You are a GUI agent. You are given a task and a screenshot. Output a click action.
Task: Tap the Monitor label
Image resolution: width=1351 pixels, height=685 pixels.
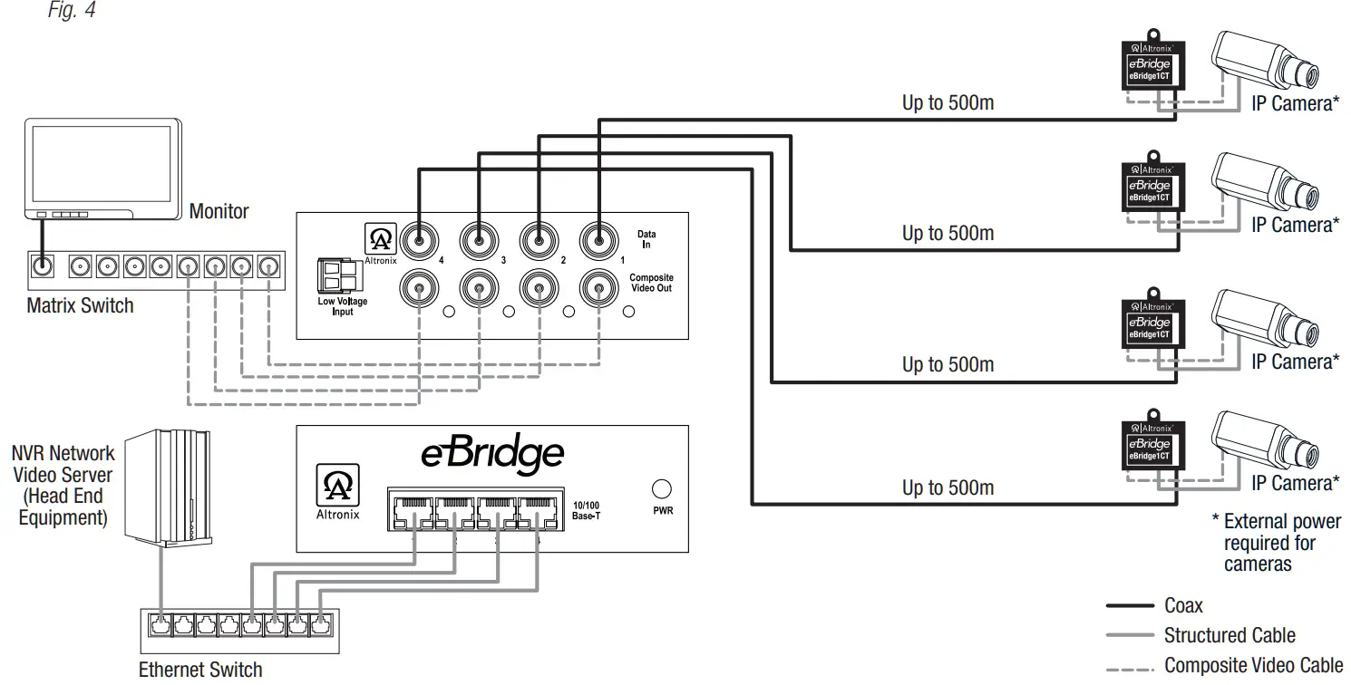pyautogui.click(x=219, y=211)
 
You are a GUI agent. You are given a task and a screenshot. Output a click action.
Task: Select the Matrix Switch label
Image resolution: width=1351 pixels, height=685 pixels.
pyautogui.click(x=80, y=305)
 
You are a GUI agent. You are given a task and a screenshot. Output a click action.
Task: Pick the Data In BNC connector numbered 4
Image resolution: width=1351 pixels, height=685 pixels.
pyautogui.click(x=419, y=242)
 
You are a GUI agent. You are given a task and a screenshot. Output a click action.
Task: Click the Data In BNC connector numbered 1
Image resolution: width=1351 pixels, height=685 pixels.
pyautogui.click(x=598, y=242)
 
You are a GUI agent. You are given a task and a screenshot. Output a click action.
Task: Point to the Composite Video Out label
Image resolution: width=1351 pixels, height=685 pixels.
pyautogui.click(x=651, y=283)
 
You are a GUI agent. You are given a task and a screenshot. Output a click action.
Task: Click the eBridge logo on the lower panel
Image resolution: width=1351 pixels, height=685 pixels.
pyautogui.click(x=492, y=454)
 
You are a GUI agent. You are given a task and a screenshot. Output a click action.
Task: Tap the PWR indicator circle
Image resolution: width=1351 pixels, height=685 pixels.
pyautogui.click(x=662, y=489)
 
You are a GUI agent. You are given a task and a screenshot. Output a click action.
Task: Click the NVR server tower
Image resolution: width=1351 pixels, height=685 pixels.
pyautogui.click(x=168, y=489)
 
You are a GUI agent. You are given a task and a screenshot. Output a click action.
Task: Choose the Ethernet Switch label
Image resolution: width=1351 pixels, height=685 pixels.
pyautogui.click(x=200, y=670)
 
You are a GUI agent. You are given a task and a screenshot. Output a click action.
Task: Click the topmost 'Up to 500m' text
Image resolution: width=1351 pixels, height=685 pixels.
pyautogui.click(x=948, y=103)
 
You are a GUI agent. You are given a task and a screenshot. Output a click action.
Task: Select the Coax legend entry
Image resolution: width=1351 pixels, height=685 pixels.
pyautogui.click(x=1183, y=605)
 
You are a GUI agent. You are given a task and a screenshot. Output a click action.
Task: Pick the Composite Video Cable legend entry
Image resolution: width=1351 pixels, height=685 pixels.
pyautogui.click(x=1253, y=665)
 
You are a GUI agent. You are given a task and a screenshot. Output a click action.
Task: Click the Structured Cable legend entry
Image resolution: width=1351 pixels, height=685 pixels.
pyautogui.click(x=1230, y=635)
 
